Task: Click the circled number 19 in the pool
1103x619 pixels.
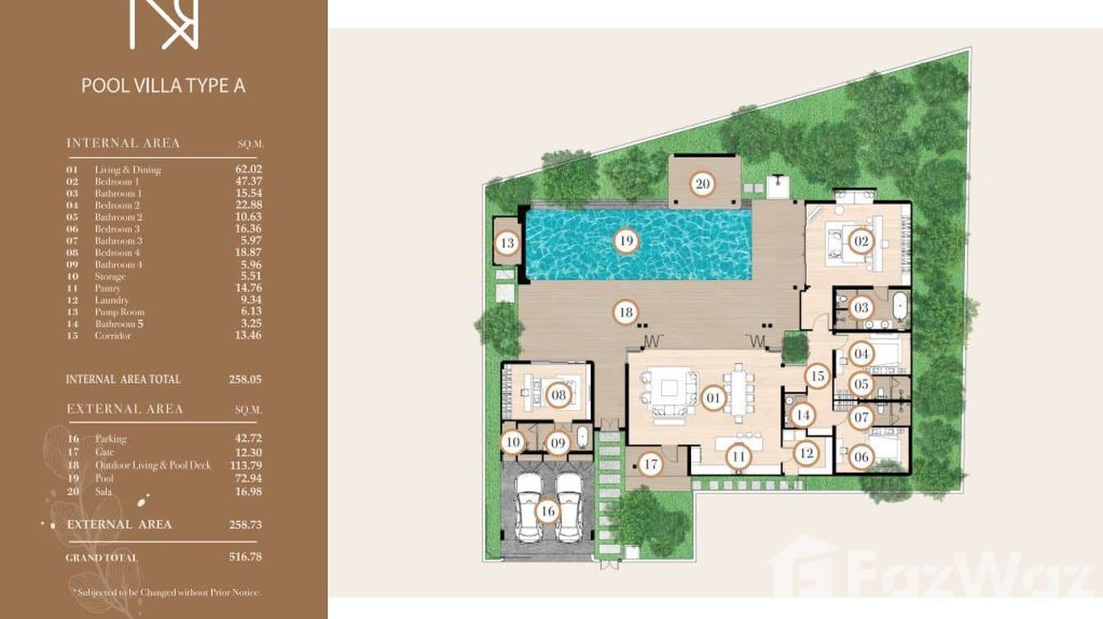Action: pyautogui.click(x=626, y=241)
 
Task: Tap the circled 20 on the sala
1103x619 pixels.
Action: pyautogui.click(x=702, y=183)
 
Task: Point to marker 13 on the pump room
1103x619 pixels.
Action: pyautogui.click(x=507, y=242)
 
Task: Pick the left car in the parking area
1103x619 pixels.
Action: pyautogui.click(x=528, y=507)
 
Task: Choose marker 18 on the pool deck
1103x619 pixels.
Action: pyautogui.click(x=625, y=312)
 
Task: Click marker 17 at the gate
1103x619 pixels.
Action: pyautogui.click(x=651, y=465)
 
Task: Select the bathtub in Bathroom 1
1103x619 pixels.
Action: pyautogui.click(x=900, y=308)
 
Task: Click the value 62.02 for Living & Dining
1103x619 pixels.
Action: pyautogui.click(x=248, y=169)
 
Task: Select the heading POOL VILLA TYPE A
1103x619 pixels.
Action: pyautogui.click(x=164, y=85)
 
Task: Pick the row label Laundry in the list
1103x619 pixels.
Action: pyautogui.click(x=112, y=300)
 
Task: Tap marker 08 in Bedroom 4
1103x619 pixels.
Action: pyautogui.click(x=559, y=395)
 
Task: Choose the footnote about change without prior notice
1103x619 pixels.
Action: pyautogui.click(x=167, y=591)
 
